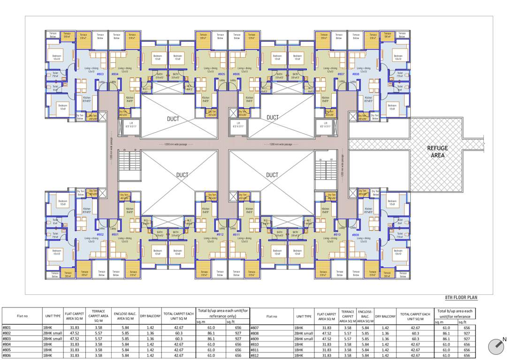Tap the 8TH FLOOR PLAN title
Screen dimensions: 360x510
point(461,298)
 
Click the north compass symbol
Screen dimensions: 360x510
point(496,347)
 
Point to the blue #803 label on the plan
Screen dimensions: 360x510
point(100,74)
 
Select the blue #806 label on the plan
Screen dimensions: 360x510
point(236,74)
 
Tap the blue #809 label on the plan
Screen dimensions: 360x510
point(355,234)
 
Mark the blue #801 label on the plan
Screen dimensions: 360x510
point(114,234)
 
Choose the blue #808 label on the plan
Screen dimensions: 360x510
point(356,74)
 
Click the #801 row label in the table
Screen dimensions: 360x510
point(7,328)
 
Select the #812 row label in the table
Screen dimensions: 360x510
point(255,356)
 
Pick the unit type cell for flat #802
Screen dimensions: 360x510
point(53,333)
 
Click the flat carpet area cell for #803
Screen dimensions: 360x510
point(74,339)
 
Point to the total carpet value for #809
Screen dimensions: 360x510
point(415,339)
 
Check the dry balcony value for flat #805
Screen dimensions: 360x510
point(150,350)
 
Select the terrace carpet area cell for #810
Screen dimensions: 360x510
point(348,345)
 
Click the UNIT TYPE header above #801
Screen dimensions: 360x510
point(53,316)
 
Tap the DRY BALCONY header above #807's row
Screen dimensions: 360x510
point(385,316)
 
